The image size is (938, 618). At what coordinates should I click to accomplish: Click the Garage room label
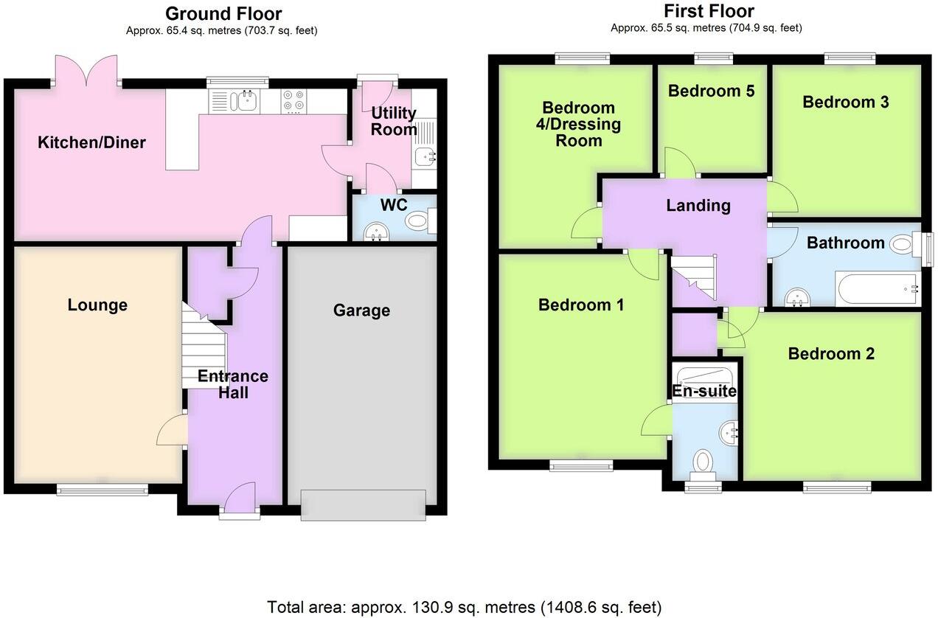pos(361,310)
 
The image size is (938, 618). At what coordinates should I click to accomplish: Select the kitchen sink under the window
pos(244,101)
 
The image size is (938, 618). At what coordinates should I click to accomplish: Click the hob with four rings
pos(293,102)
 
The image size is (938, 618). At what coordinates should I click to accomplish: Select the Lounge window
pos(103,487)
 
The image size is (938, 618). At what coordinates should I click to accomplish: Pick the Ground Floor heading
pos(223,13)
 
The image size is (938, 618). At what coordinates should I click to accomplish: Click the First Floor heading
pos(709,11)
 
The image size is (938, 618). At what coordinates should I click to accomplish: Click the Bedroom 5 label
pos(711,91)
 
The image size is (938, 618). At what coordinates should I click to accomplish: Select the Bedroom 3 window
pos(849,57)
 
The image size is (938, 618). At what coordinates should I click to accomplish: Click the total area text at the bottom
pos(464,607)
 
